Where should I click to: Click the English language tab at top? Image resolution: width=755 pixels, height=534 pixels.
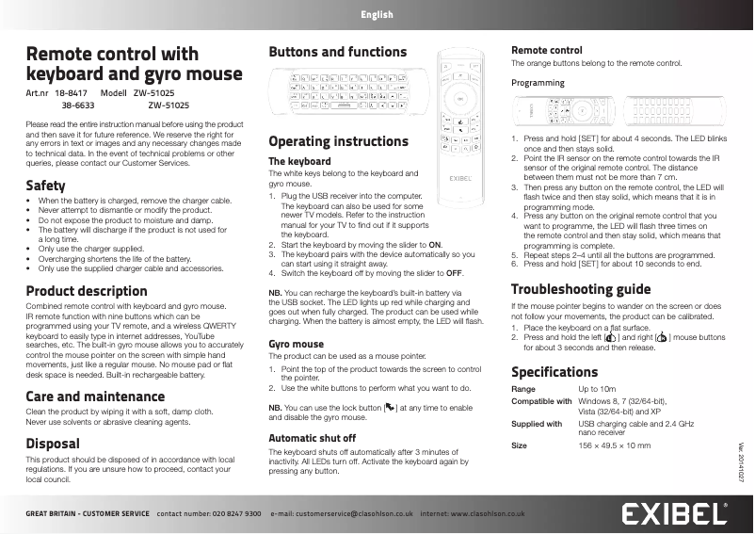(377, 15)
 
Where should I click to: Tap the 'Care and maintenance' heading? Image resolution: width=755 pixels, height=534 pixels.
(94, 396)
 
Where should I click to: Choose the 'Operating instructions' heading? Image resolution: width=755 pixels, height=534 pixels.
(338, 141)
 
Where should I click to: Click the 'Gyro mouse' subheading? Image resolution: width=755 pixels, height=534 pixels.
(296, 344)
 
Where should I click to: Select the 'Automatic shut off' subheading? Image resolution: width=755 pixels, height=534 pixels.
(312, 438)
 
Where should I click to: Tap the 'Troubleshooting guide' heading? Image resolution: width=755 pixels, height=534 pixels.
(592, 288)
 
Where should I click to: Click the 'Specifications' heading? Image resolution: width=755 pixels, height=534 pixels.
(554, 371)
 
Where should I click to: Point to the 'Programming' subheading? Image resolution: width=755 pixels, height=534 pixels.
(538, 83)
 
